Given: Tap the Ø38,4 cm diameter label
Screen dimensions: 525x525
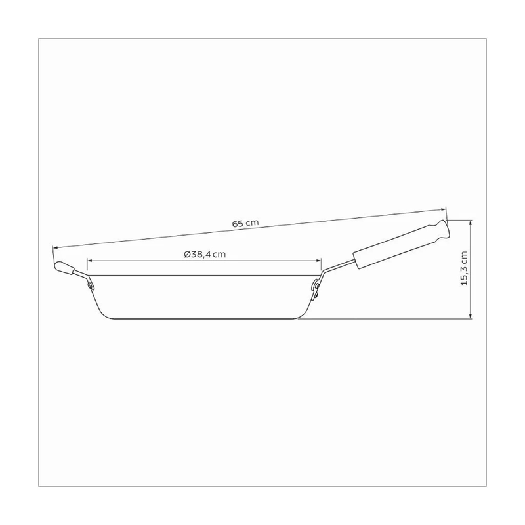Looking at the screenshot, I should click(205, 254).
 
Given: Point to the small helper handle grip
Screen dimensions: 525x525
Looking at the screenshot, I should click(64, 268).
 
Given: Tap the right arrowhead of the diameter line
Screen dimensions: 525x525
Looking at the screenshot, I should click(319, 260).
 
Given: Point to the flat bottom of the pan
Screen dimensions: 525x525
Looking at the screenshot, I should click(203, 318).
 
